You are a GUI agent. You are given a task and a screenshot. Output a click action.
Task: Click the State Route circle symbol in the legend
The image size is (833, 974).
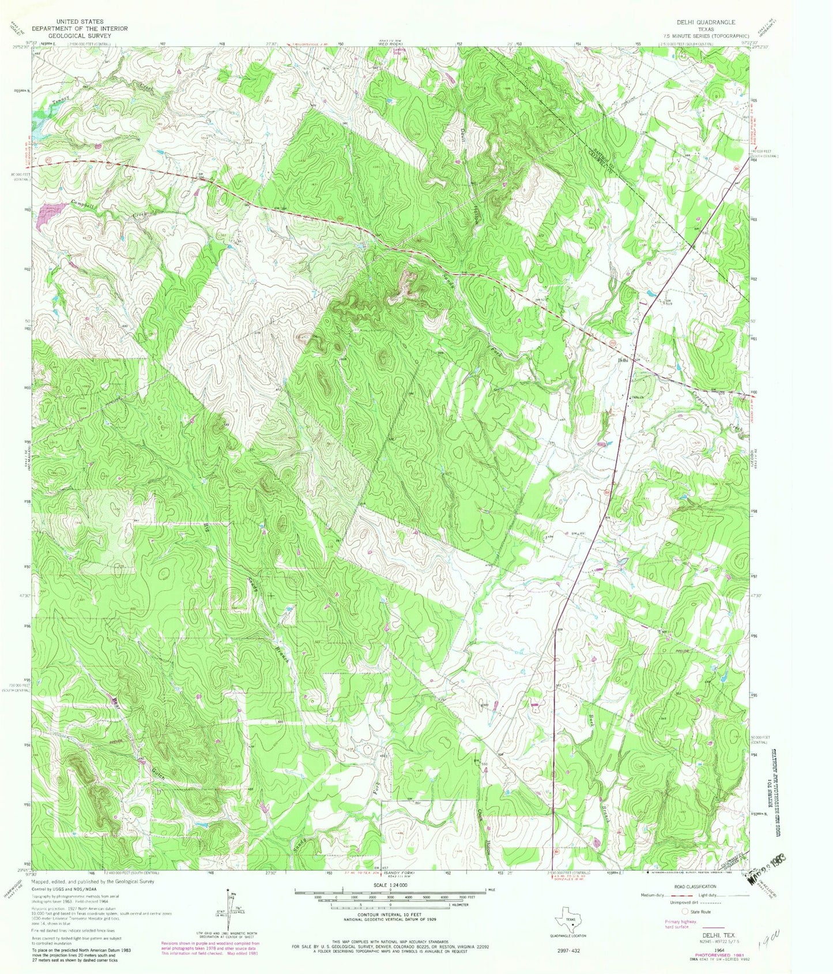coord(684,912)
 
